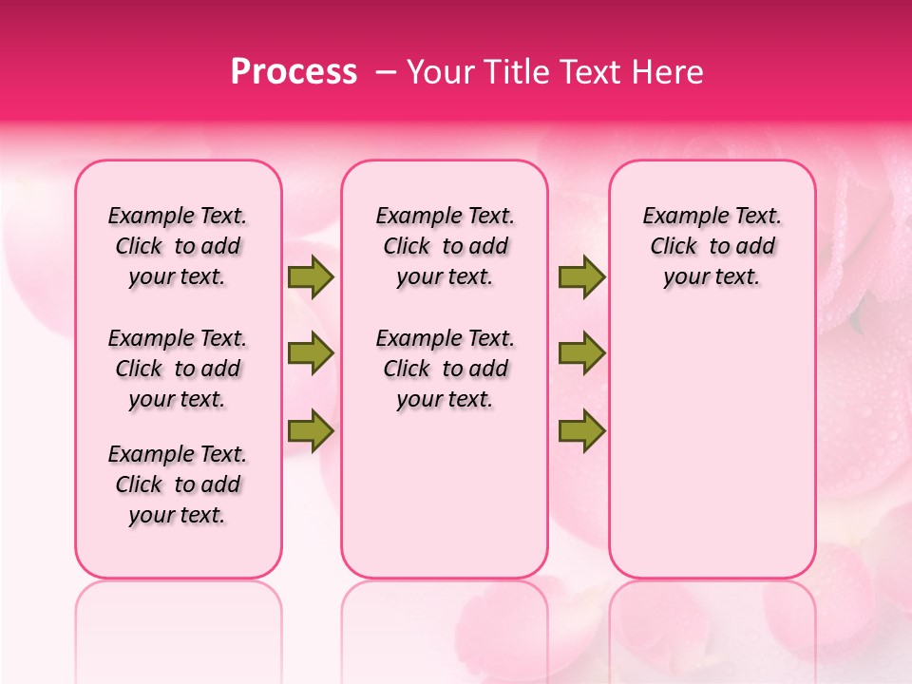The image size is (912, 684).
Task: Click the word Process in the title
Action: pyautogui.click(x=294, y=72)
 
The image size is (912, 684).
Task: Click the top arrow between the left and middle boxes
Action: pyautogui.click(x=311, y=277)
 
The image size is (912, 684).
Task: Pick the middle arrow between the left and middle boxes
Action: pyautogui.click(x=311, y=354)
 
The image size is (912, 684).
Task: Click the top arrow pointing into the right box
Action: pyautogui.click(x=581, y=277)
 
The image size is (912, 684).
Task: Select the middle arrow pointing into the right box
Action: pyautogui.click(x=581, y=354)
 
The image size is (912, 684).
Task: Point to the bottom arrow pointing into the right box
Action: pyautogui.click(x=581, y=431)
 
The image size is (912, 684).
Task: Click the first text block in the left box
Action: pyautogui.click(x=177, y=246)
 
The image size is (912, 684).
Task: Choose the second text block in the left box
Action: pyautogui.click(x=177, y=369)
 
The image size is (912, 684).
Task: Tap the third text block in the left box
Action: pyautogui.click(x=177, y=484)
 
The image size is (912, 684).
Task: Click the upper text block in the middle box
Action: pyautogui.click(x=445, y=246)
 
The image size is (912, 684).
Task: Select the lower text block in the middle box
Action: pyautogui.click(x=445, y=369)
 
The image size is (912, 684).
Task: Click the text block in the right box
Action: pyautogui.click(x=712, y=246)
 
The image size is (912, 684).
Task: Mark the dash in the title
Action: pyautogui.click(x=387, y=72)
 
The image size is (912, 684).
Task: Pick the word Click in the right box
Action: pyautogui.click(x=674, y=247)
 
